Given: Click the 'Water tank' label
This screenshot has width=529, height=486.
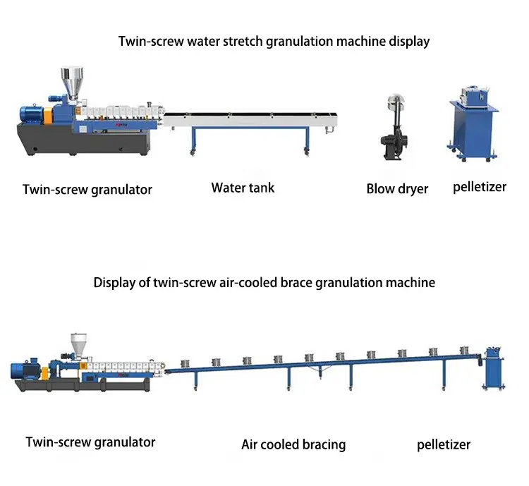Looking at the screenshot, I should [x=243, y=188].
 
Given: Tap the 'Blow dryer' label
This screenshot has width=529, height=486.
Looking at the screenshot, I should [x=397, y=189].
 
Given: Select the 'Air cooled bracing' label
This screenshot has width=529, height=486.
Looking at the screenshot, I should [x=293, y=444].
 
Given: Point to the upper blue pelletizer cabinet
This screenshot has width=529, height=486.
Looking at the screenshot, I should [x=474, y=125].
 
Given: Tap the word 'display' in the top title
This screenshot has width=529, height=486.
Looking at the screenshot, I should [x=408, y=41].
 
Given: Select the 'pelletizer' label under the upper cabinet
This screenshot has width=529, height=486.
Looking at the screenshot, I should [x=480, y=187].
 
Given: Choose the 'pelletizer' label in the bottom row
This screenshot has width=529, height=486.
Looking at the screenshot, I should [x=444, y=444].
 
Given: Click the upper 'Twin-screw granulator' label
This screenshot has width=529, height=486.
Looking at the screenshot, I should [x=87, y=189].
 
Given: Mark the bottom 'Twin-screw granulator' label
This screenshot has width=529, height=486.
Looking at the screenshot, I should [x=90, y=442].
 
